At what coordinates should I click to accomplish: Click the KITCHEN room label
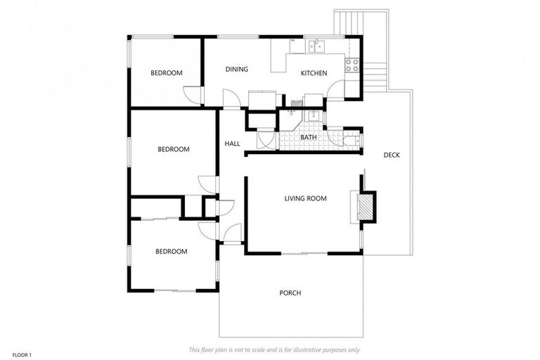314,73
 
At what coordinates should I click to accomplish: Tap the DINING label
236,69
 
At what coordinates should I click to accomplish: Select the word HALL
232,143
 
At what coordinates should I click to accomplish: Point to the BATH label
308,136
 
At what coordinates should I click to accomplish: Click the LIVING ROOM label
305,199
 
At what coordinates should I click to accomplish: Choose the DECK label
392,155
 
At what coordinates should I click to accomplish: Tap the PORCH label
290,293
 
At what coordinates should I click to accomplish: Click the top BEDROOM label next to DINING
167,73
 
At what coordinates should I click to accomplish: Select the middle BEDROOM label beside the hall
173,149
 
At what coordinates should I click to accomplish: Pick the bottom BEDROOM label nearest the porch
171,252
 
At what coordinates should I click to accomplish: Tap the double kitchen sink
316,46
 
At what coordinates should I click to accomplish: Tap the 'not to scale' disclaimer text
275,349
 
